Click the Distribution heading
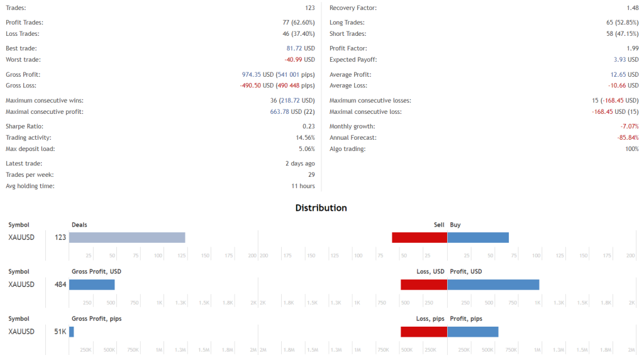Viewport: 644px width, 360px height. [x=321, y=208]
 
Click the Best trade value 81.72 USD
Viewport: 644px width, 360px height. [x=301, y=48]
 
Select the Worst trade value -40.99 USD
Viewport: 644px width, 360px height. [x=299, y=60]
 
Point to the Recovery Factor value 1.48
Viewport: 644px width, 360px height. [x=632, y=8]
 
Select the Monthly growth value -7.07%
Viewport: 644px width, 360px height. [x=630, y=127]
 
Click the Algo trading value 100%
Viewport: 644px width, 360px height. [x=631, y=149]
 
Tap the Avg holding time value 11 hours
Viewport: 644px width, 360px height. [x=303, y=186]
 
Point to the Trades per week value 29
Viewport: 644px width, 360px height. [x=311, y=175]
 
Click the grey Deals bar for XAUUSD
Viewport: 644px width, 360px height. [x=127, y=237]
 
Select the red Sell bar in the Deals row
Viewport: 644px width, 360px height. [x=419, y=237]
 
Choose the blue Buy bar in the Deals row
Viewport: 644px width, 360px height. [x=478, y=237]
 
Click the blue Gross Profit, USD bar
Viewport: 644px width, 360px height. [x=92, y=284]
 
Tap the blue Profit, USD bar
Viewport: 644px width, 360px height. [x=493, y=284]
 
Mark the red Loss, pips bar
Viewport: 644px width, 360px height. [x=424, y=332]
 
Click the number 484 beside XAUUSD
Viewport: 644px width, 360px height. [x=60, y=284]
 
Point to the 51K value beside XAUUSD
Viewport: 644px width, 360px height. [x=60, y=332]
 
